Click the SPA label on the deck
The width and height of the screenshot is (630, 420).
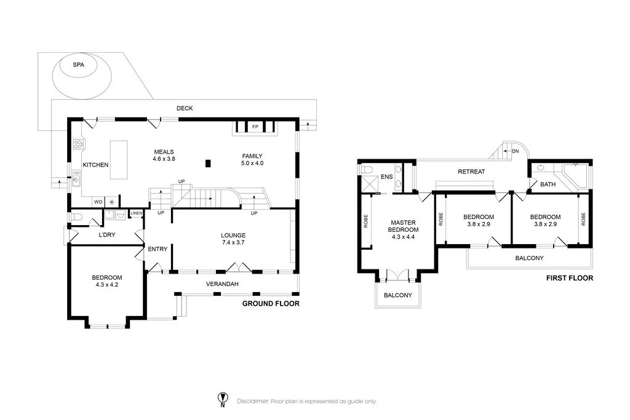coord(78,65)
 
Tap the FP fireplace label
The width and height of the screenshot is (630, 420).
coord(255,127)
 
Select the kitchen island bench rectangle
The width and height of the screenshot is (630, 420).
coord(119,160)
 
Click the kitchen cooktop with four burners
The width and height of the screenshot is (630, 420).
coord(78,144)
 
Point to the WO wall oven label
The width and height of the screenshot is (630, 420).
coord(98,202)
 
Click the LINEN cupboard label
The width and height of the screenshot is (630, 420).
coord(136,213)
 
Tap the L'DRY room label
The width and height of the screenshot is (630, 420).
coord(107,234)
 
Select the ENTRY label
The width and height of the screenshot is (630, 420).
coord(157,249)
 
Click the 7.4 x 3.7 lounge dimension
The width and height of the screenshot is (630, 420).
coord(233,242)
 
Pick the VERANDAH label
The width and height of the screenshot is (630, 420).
coord(222,284)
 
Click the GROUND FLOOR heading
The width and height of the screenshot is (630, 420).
coord(271,304)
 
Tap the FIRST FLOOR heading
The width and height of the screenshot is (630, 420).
coord(569,278)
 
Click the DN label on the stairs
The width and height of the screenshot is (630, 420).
coord(516,151)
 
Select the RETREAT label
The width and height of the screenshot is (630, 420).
coord(471,172)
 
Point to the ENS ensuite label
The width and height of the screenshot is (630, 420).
coord(386,176)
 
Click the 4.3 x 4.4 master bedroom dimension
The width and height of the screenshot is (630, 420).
coord(403,237)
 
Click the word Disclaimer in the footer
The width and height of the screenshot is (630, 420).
coord(253,401)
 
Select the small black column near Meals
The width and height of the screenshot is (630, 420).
coord(208,164)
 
